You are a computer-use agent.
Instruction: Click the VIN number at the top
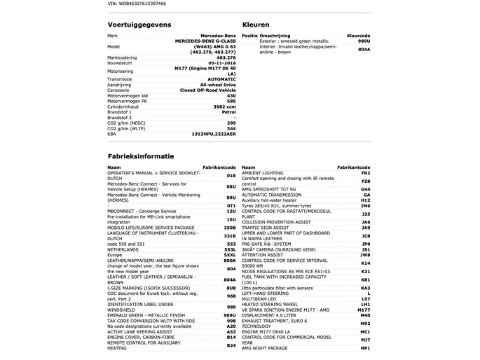click(x=137, y=4)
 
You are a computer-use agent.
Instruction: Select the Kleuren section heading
click(x=255, y=24)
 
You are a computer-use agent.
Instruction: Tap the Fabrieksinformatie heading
click(x=141, y=156)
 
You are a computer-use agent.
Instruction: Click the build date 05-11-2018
click(x=222, y=62)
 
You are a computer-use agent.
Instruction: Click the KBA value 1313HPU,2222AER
click(x=214, y=134)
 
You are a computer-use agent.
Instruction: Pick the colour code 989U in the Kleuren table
click(x=364, y=41)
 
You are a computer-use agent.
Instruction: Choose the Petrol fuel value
click(x=228, y=111)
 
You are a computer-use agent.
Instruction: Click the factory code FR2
click(x=365, y=173)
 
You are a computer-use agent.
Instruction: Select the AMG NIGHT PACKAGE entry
click(x=266, y=348)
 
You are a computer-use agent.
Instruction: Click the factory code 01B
click(x=231, y=176)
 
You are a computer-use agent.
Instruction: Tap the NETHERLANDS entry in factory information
click(x=123, y=249)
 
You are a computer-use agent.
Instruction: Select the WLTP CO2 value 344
click(x=231, y=128)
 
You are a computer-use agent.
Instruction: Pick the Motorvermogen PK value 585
click(x=231, y=101)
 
